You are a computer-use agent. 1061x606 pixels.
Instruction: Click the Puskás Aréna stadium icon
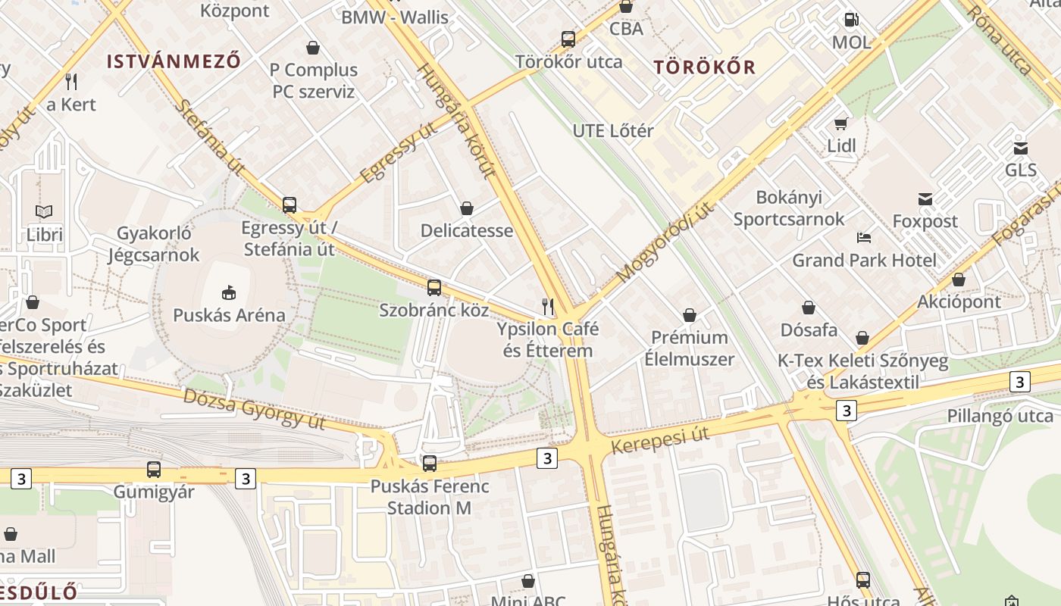coord(228,291)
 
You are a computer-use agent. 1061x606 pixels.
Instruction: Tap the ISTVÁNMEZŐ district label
coord(174,61)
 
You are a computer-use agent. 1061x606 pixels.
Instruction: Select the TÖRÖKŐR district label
coord(705,67)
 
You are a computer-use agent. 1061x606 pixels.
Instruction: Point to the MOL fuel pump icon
coord(852,20)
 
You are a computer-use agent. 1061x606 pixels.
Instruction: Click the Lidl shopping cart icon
coord(841,123)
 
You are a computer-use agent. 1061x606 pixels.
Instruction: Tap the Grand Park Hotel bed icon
coord(864,237)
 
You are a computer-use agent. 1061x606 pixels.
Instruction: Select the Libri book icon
coord(44,211)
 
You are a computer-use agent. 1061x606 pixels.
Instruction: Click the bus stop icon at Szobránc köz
coord(433,287)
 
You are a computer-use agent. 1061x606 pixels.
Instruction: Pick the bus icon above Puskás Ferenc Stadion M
coord(429,463)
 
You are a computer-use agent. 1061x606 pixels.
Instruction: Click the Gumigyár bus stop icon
coord(154,469)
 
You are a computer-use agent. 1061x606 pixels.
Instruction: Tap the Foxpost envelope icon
coord(925,198)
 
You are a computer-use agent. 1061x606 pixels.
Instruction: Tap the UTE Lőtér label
coord(612,130)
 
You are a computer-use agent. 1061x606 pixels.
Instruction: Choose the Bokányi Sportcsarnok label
coord(788,208)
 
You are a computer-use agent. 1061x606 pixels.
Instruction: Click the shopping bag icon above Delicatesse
coord(467,208)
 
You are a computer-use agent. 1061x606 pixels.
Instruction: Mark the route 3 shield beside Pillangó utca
coord(1019,382)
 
